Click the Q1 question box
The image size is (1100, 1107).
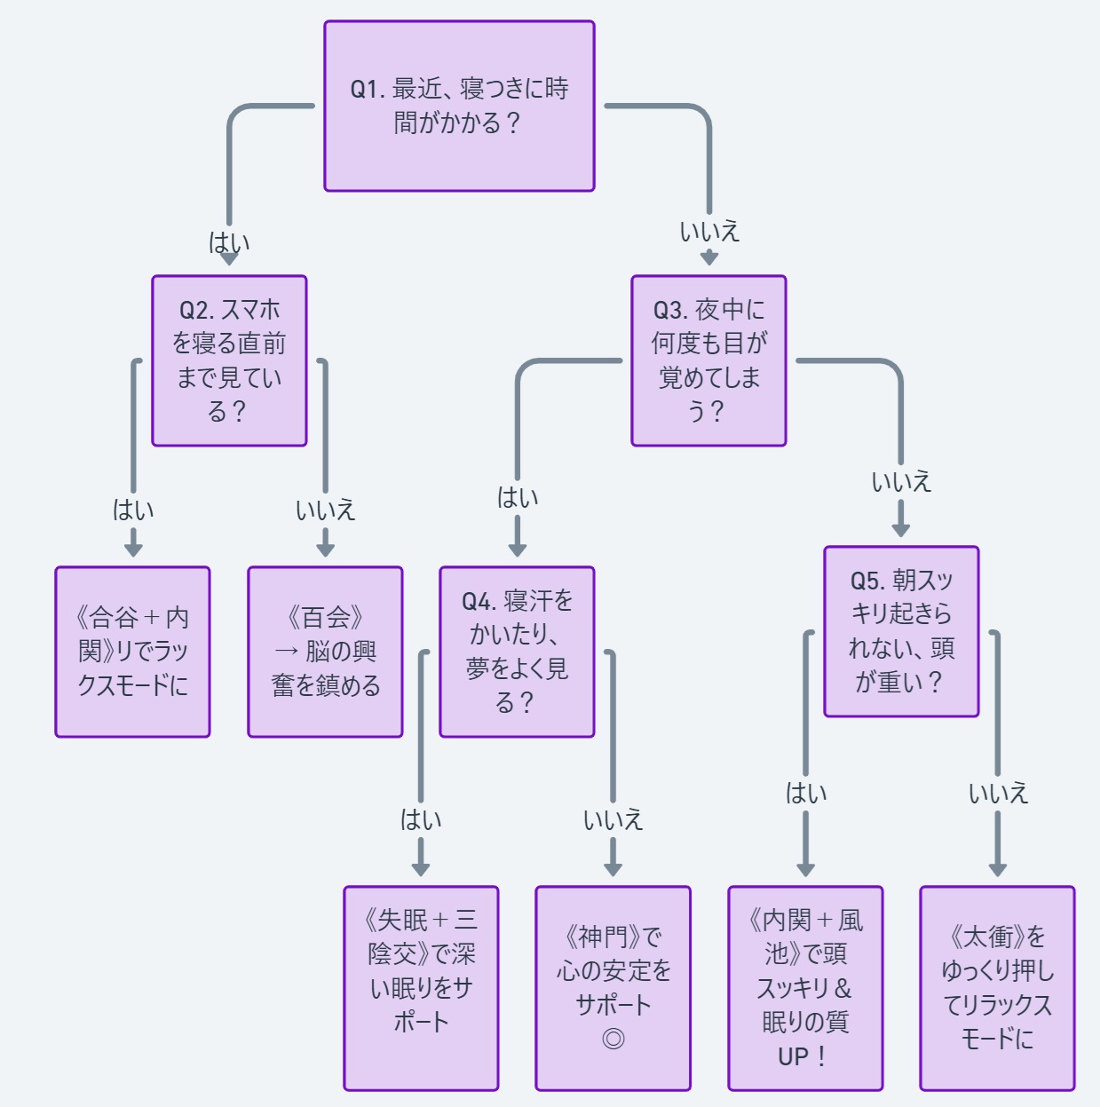point(459,106)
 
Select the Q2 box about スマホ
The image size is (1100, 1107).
point(229,360)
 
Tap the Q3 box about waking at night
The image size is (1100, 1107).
point(708,360)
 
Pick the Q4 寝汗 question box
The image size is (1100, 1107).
point(517,652)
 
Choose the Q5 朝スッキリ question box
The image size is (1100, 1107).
point(901,631)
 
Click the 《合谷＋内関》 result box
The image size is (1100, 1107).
point(132,652)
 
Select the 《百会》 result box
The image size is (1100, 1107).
point(325,652)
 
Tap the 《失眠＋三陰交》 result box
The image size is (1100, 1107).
point(421,988)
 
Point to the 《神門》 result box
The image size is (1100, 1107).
point(613,988)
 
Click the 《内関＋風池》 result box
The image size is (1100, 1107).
point(805,988)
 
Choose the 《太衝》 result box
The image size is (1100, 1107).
point(997,988)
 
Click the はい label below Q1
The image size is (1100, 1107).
point(229,242)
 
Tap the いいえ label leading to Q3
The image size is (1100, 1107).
point(708,232)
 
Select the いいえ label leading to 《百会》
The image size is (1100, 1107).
point(325,510)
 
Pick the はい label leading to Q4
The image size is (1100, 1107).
point(517,497)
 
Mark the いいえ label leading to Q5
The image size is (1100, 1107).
point(901,482)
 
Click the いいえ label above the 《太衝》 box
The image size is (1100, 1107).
point(997,793)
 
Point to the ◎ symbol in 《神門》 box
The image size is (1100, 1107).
point(613,1039)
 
